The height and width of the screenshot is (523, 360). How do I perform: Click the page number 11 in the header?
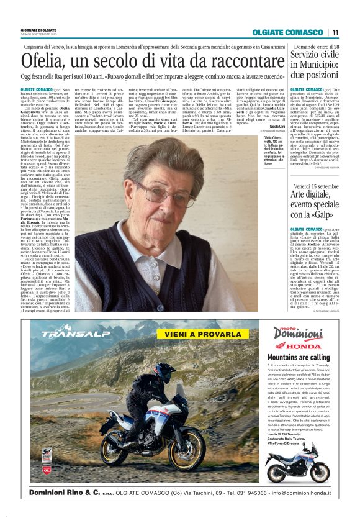(335, 32)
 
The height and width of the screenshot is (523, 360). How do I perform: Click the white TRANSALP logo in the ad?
(68, 334)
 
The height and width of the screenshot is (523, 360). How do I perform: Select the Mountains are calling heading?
(294, 358)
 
